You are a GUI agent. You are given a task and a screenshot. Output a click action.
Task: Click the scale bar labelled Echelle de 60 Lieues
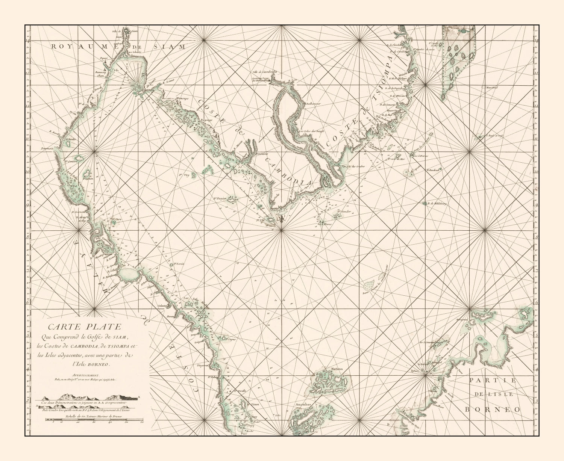point(94,421)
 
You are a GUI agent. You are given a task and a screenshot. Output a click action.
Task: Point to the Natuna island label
point(337,369)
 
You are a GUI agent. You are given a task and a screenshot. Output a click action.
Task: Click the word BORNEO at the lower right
point(493,410)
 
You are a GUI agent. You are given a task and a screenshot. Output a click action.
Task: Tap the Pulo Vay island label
point(183,175)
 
